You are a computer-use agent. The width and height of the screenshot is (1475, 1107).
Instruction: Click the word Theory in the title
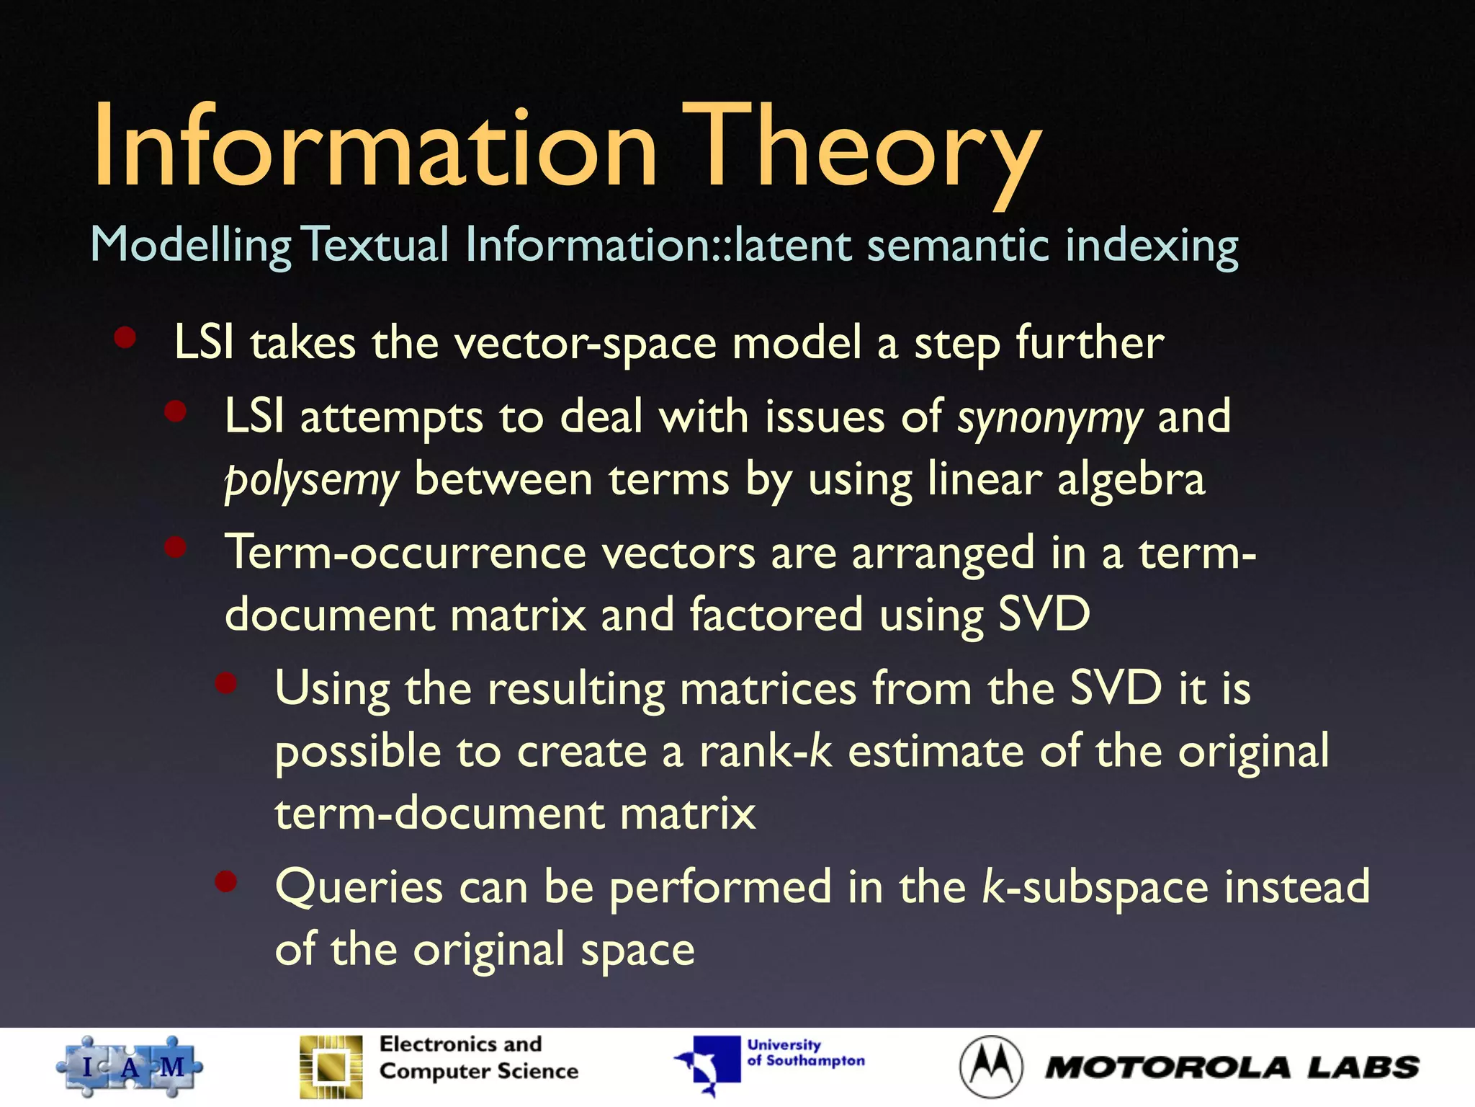click(x=861, y=148)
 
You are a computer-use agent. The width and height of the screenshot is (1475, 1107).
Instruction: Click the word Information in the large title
click(x=375, y=148)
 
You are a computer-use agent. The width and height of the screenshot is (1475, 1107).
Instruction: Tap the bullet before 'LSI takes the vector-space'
click(x=125, y=337)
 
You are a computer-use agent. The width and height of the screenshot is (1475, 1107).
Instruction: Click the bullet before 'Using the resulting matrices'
click(x=226, y=683)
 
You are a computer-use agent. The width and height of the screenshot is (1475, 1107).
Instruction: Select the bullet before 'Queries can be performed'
click(x=226, y=881)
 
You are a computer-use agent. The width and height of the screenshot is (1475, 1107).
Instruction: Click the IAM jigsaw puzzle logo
click(x=130, y=1067)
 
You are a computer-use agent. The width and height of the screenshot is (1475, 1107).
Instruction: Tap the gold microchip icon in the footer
click(x=331, y=1067)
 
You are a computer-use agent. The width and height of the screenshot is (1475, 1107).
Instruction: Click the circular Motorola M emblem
click(x=991, y=1067)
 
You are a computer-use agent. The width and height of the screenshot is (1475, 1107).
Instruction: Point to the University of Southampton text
click(x=805, y=1053)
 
